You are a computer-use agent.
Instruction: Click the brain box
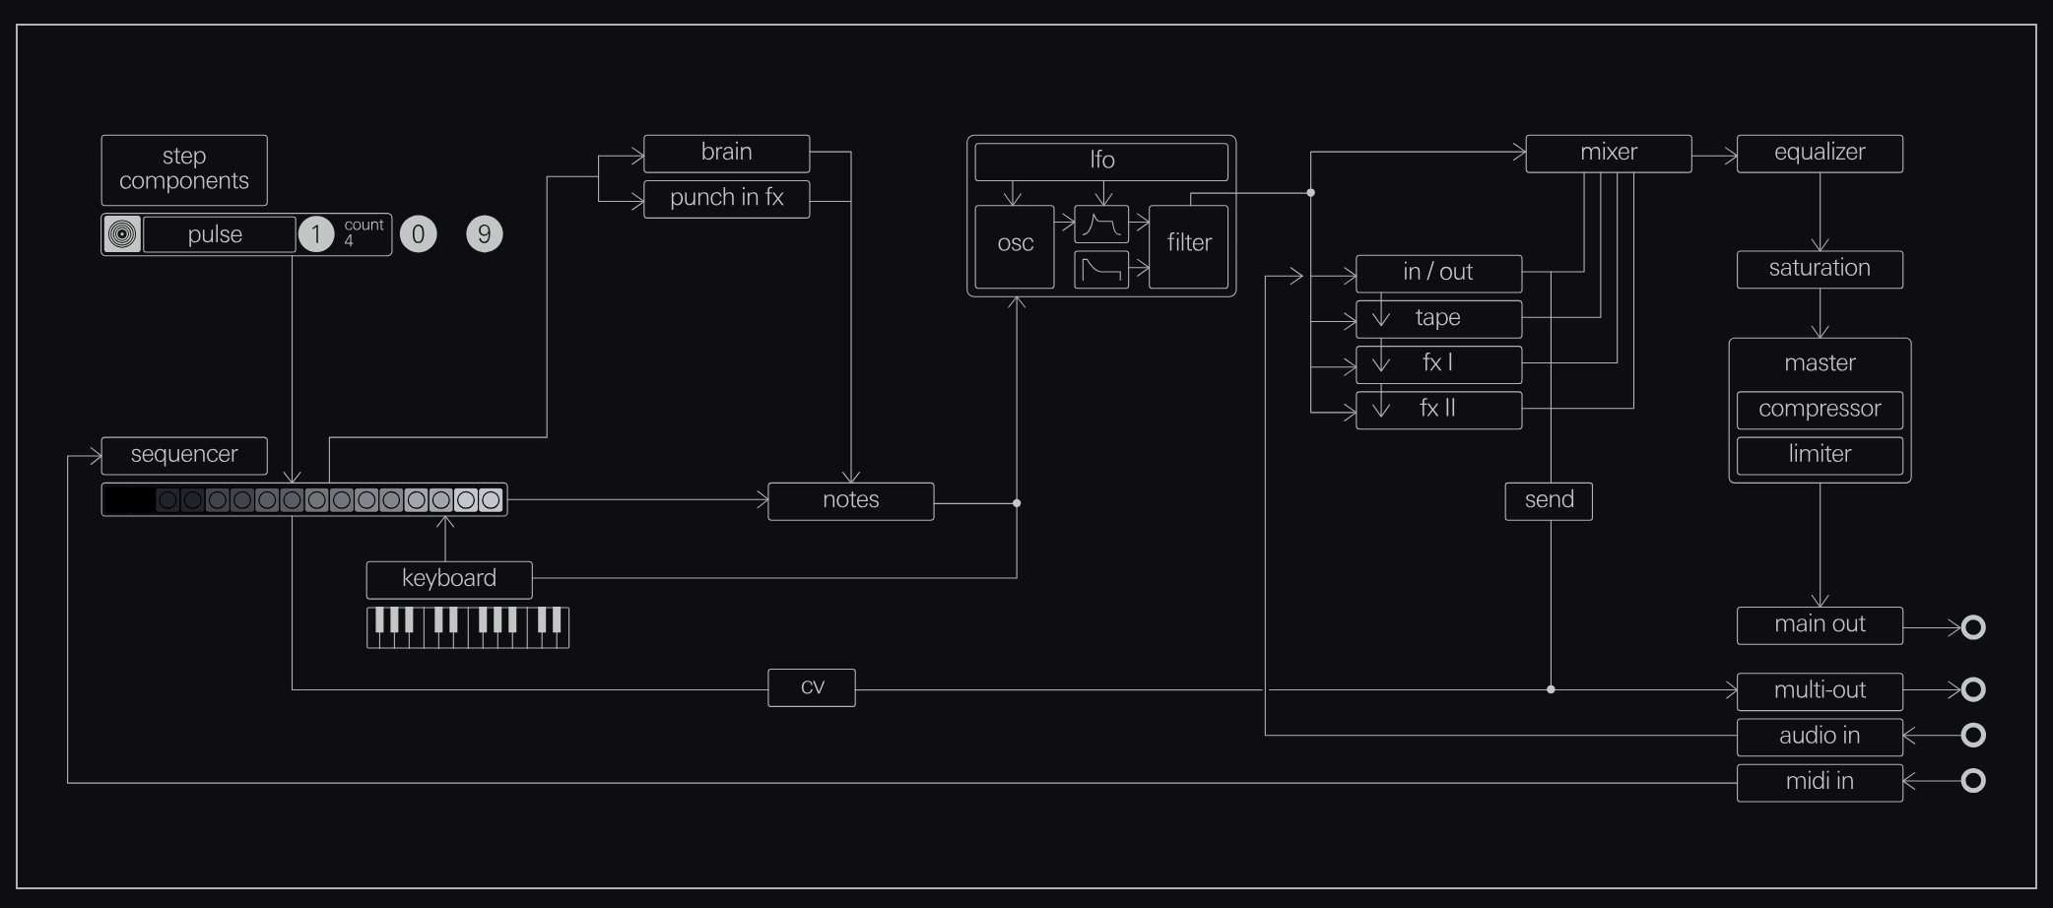726,153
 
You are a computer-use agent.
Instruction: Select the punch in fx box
726,198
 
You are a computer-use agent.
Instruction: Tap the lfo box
1101,161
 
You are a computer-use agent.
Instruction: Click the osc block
1015,244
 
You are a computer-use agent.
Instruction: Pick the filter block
1188,244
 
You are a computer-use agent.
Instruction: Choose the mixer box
1608,153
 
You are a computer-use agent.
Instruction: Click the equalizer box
1819,153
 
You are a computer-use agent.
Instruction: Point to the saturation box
1819,269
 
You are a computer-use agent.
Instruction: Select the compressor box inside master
1819,409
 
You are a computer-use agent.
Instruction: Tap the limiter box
1819,454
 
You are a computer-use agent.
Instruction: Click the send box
1549,500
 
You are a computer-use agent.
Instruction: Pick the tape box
1438,318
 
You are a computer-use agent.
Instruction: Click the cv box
812,687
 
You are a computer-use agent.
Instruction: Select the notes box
850,500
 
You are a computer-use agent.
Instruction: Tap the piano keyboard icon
468,627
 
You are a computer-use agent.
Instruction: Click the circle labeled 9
484,234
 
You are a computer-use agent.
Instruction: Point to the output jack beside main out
1972,627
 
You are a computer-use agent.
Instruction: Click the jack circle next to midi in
1972,781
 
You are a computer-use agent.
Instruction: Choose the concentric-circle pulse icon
122,234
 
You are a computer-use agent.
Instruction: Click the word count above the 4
364,226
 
